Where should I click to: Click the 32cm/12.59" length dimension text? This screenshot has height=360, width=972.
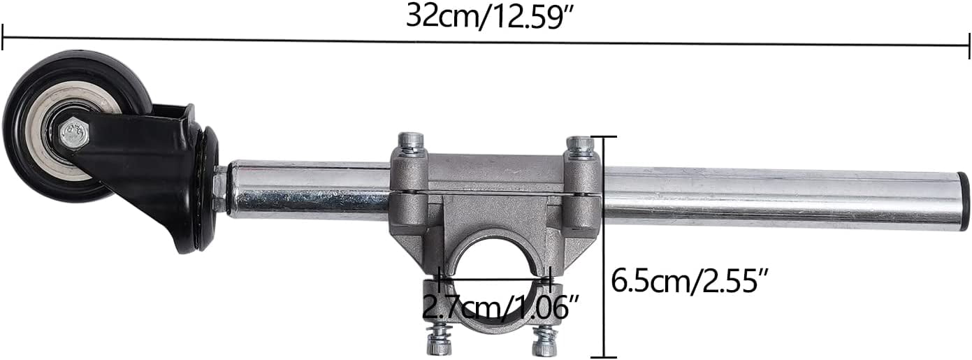[x=490, y=17]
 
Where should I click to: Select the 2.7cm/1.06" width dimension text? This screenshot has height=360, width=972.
[x=501, y=308]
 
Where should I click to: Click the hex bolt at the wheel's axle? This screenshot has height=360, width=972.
[x=74, y=133]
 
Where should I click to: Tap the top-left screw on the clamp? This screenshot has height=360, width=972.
[x=410, y=143]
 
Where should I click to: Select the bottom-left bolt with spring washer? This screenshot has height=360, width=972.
[x=439, y=340]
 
